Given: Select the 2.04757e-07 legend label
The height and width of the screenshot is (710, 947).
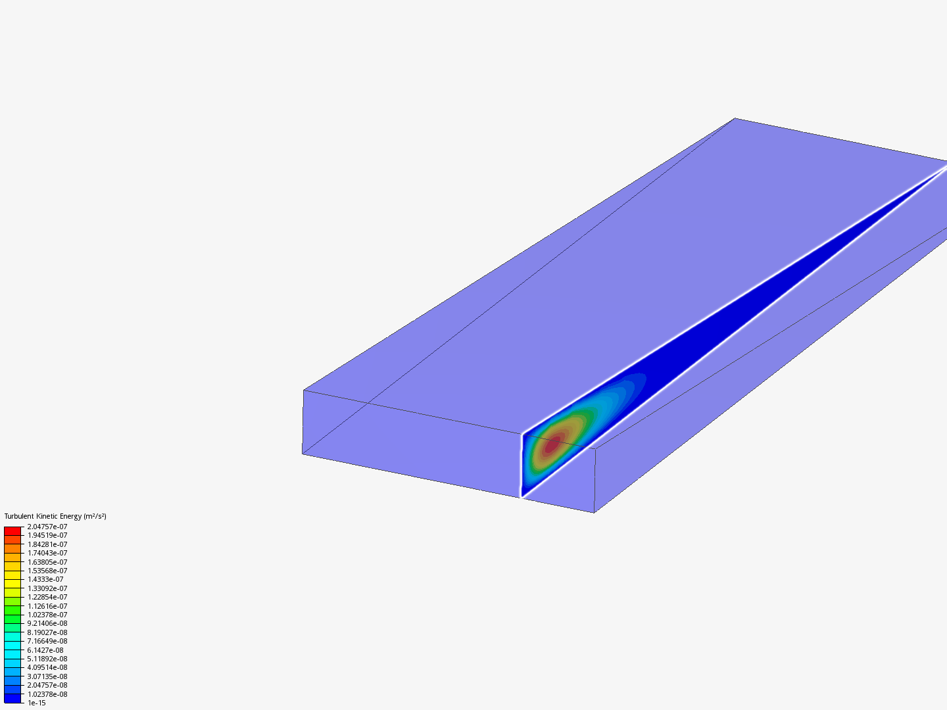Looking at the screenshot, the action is [47, 527].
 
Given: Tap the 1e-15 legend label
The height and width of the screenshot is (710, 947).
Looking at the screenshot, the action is [37, 703].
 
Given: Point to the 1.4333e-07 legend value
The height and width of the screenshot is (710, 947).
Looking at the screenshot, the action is [45, 579].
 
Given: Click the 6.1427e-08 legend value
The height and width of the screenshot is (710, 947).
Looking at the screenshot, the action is [45, 650].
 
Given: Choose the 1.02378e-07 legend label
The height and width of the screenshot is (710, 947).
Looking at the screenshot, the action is [47, 615].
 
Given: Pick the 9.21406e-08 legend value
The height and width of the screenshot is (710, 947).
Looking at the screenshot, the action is [47, 623].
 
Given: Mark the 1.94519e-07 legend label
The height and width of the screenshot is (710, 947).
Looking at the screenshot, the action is [47, 535].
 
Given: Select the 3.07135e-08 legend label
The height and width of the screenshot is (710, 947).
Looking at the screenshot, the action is [47, 676].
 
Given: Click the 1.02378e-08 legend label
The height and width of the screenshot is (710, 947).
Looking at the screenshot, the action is [47, 694].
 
